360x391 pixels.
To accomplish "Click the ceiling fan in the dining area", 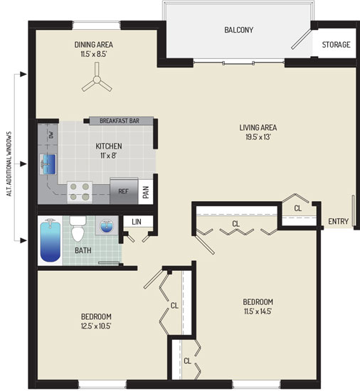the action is coord(97,80).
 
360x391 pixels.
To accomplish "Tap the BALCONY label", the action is coord(239,30).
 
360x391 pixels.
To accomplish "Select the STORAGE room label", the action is coord(336,45).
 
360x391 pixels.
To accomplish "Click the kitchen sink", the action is coord(48,164).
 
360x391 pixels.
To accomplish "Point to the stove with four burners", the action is coord(80,192).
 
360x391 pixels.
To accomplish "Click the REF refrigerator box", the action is coord(124,191).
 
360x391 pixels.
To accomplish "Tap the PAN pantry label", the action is coord(146,192).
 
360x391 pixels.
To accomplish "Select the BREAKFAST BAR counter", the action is coord(121,121).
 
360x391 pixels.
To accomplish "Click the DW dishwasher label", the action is coord(51,135).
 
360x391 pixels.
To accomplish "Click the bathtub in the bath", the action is coord(51,240).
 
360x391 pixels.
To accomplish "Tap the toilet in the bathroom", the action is coord(78,229).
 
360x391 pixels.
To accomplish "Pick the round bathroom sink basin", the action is coord(107,226).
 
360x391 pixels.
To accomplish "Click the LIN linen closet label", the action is coord(137,222).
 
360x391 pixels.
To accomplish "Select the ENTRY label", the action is coord(338,221).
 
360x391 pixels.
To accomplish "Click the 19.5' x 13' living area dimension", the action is coord(258,137).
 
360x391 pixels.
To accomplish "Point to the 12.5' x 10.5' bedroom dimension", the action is coord(96,326).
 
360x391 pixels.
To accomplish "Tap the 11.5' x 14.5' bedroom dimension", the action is coord(258,311).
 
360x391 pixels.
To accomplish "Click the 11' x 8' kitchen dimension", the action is coord(109,156).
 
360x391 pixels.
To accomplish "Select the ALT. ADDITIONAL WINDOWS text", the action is coord(9,164).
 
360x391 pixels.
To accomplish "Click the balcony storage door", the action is coord(302,39).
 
